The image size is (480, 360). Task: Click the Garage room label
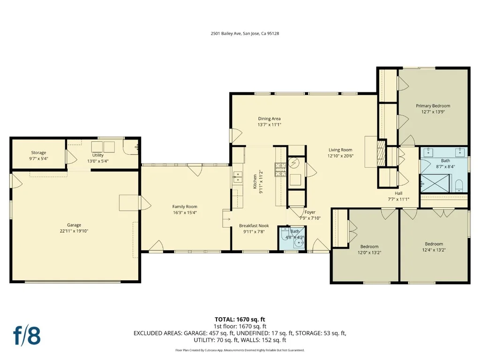74,225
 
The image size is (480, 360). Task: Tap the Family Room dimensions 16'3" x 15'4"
185,212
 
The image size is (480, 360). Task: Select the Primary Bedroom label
433,106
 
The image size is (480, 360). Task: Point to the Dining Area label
269,119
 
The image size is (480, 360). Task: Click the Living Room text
340,150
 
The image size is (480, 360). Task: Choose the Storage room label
38,153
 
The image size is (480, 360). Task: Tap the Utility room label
98,155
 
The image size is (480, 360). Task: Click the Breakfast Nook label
254,226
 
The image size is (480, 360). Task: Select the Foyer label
310,212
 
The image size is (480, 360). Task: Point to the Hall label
398,193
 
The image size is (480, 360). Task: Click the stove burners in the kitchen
280,170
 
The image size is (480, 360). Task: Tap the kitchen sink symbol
238,177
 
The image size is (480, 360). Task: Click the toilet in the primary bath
458,186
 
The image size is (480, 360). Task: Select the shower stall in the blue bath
435,183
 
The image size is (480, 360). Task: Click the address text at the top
245,34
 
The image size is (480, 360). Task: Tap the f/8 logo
27,336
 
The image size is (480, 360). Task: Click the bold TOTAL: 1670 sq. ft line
240,320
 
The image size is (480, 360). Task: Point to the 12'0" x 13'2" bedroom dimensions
369,253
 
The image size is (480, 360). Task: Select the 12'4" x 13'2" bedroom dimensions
434,250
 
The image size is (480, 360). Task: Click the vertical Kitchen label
255,181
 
